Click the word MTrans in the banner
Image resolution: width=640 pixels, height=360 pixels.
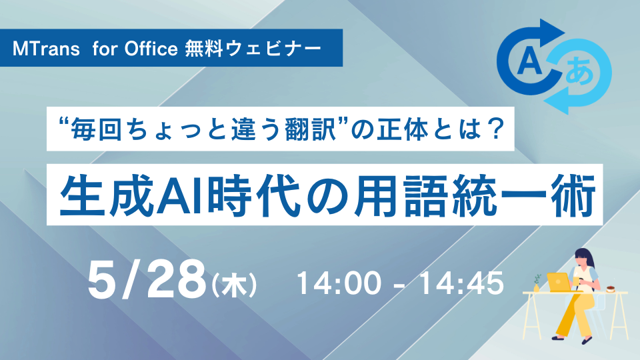click(x=46, y=49)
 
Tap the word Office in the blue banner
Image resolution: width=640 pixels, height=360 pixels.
click(x=151, y=49)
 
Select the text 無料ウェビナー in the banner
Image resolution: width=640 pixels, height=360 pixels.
click(x=253, y=49)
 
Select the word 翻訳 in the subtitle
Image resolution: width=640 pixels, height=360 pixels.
click(x=312, y=129)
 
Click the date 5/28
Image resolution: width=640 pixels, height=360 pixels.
click(x=147, y=281)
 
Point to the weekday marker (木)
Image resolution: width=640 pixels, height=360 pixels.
click(x=234, y=285)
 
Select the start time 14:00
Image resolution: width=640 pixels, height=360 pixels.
click(x=339, y=283)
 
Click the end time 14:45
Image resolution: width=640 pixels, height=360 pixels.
click(x=461, y=283)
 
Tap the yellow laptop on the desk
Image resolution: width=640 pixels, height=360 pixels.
click(x=559, y=283)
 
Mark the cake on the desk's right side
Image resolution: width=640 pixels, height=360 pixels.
click(x=611, y=289)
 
